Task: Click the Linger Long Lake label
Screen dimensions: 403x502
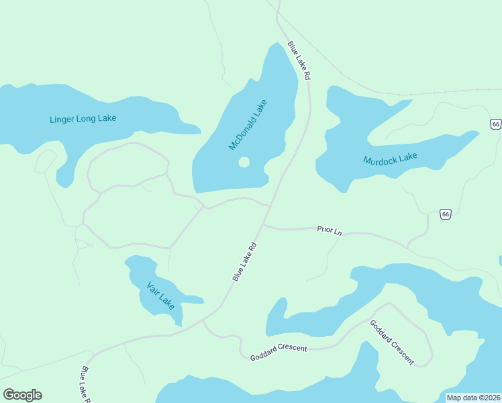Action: (83, 119)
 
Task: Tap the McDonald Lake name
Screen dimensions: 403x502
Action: (248, 125)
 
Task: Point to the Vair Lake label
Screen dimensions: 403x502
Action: (160, 296)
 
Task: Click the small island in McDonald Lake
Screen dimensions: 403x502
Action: (244, 162)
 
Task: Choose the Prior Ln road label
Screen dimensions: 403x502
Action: (329, 230)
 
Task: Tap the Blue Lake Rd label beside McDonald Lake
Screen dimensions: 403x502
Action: (299, 61)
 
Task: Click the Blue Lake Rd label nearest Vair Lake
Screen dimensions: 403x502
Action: (245, 262)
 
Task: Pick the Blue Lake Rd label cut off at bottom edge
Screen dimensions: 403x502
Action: (86, 385)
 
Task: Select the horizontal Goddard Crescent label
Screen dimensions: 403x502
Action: (279, 349)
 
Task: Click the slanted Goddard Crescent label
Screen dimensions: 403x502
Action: (392, 343)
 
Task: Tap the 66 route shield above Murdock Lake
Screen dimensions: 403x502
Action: (495, 124)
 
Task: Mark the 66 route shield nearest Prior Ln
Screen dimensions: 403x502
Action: (446, 214)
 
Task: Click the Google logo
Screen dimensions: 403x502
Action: (22, 394)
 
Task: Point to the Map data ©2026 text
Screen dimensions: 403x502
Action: (473, 398)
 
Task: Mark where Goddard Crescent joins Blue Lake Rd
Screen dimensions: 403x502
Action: (203, 321)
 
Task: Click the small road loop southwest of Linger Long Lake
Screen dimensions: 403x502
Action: (46, 161)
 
